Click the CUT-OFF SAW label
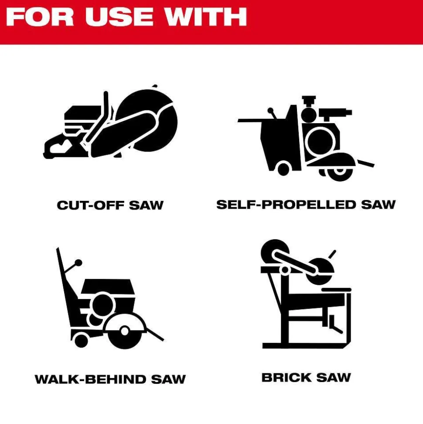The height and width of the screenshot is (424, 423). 110,205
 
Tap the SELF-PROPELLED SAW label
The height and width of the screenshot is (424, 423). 306,204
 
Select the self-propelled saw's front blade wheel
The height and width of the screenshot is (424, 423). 340,171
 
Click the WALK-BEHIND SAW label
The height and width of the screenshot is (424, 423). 110,379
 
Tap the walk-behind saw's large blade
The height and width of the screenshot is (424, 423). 125,331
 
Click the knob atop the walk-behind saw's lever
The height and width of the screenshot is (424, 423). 78,263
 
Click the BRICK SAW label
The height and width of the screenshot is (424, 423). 306,377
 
